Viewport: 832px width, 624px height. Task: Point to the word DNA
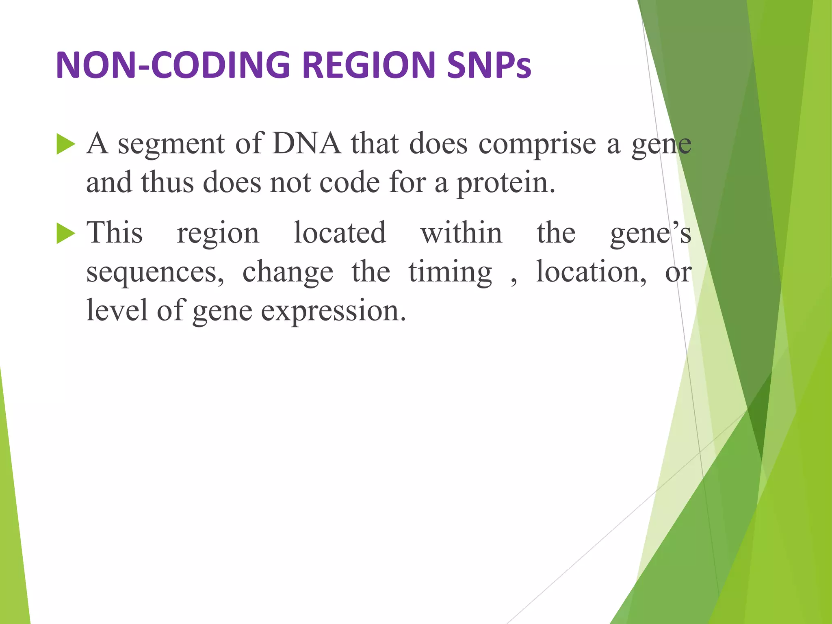tap(307, 144)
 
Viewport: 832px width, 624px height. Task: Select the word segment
tap(171, 144)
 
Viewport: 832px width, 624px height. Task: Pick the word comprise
tap(537, 145)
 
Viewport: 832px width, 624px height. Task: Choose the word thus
tap(167, 183)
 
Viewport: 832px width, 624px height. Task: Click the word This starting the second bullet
tap(115, 233)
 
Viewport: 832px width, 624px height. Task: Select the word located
tap(340, 233)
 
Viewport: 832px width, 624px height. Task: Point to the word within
tap(461, 233)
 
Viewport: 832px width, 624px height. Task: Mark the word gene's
tap(650, 234)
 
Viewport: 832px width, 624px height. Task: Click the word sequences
tap(154, 273)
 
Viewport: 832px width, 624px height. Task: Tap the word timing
tap(450, 273)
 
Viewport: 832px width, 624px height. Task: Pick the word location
tap(591, 272)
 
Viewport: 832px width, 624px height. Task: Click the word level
tap(117, 311)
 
